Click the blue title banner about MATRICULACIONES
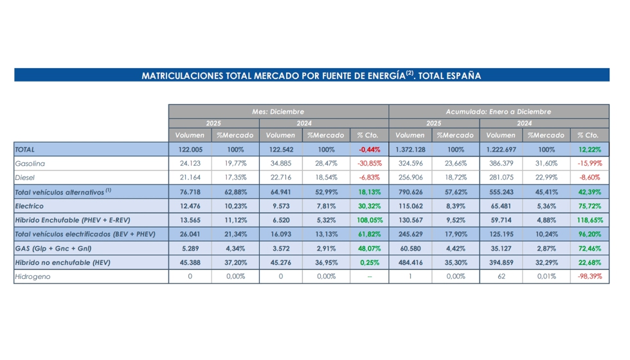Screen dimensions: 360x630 tap(311, 75)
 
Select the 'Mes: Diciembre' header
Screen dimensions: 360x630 tap(278, 111)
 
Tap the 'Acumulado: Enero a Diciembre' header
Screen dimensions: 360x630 tap(498, 111)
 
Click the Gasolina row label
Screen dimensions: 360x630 tap(30, 163)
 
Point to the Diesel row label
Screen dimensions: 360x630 tap(26, 177)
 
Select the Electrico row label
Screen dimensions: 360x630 tap(30, 206)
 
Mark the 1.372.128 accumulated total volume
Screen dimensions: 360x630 tap(410, 149)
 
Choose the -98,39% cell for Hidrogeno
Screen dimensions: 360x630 tap(589, 276)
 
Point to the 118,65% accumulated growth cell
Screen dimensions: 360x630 tap(589, 220)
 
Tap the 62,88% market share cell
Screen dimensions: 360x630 tap(235, 192)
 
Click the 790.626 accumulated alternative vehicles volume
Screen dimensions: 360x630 tap(410, 192)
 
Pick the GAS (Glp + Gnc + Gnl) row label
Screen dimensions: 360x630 tap(53, 248)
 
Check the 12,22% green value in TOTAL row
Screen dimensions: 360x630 tap(589, 149)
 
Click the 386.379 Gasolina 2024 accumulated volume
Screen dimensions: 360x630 tap(501, 163)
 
